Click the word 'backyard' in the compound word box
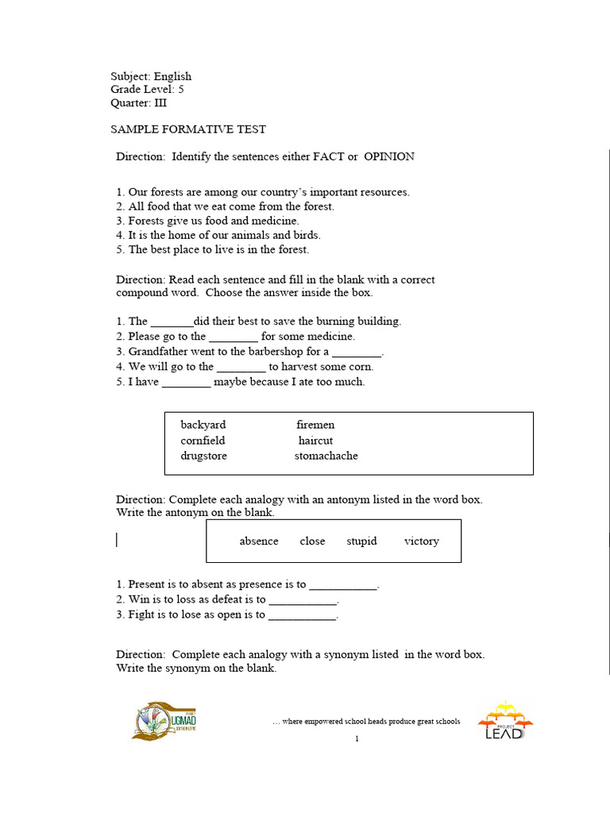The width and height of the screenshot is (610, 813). pyautogui.click(x=203, y=425)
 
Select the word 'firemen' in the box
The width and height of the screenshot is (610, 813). pyautogui.click(x=315, y=425)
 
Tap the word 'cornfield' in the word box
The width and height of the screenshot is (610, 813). pyautogui.click(x=203, y=441)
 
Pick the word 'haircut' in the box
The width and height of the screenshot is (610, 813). pyautogui.click(x=315, y=441)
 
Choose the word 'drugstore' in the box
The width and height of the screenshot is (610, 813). pyautogui.click(x=203, y=456)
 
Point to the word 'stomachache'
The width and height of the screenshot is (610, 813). pyautogui.click(x=326, y=456)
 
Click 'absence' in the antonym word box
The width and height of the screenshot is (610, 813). pyautogui.click(x=259, y=541)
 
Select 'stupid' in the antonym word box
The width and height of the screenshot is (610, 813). pyautogui.click(x=361, y=541)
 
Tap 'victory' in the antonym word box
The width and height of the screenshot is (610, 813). pyautogui.click(x=421, y=541)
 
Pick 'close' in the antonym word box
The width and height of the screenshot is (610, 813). pyautogui.click(x=312, y=541)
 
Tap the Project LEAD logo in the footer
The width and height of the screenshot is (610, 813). pyautogui.click(x=504, y=720)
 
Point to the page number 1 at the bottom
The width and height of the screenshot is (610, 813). pyautogui.click(x=357, y=739)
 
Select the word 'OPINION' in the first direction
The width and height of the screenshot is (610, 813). pyautogui.click(x=389, y=156)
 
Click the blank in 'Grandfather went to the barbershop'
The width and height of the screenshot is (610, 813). pyautogui.click(x=357, y=352)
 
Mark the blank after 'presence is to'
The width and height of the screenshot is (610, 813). pyautogui.click(x=343, y=585)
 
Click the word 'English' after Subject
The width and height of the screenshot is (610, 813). pyautogui.click(x=172, y=77)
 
